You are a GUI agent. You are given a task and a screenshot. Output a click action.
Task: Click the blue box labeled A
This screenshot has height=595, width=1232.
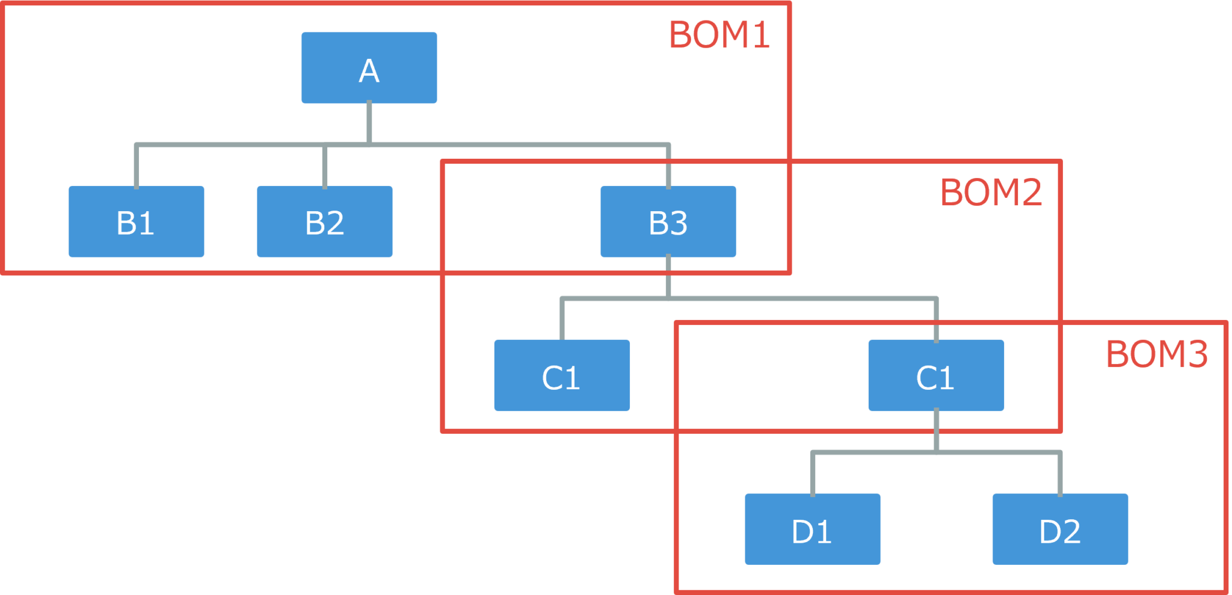pos(369,67)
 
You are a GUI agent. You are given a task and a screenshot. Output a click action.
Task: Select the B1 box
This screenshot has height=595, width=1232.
pos(136,221)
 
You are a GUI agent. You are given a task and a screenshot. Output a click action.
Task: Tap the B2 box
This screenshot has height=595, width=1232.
pos(324,221)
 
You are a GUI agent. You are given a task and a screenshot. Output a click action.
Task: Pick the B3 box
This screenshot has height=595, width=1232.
pos(668,221)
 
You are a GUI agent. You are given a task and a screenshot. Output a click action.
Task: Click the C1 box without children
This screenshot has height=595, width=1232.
pos(561,375)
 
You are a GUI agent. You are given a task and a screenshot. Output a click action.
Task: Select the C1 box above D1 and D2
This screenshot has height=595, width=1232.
pos(935,375)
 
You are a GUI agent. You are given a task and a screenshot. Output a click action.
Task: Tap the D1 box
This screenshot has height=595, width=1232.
pos(812,529)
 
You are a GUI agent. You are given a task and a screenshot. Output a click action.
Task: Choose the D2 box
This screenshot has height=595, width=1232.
pos(1059,529)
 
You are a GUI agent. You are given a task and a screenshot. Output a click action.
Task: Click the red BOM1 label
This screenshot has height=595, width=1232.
pos(719,35)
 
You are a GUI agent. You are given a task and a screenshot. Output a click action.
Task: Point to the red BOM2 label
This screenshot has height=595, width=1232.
pos(991,193)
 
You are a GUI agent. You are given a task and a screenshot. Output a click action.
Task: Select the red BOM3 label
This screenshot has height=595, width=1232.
pos(1156,354)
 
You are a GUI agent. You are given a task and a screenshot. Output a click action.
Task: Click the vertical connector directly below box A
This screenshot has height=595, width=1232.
pos(369,123)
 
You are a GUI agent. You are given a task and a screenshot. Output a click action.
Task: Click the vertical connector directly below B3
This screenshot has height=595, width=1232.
pos(668,277)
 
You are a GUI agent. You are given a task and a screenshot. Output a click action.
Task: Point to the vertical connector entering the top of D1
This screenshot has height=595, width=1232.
pos(813,474)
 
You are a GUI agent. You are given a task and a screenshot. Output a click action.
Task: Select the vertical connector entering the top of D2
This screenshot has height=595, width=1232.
pos(1060,474)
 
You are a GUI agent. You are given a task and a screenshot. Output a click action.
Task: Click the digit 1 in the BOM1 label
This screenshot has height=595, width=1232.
pos(761,35)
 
